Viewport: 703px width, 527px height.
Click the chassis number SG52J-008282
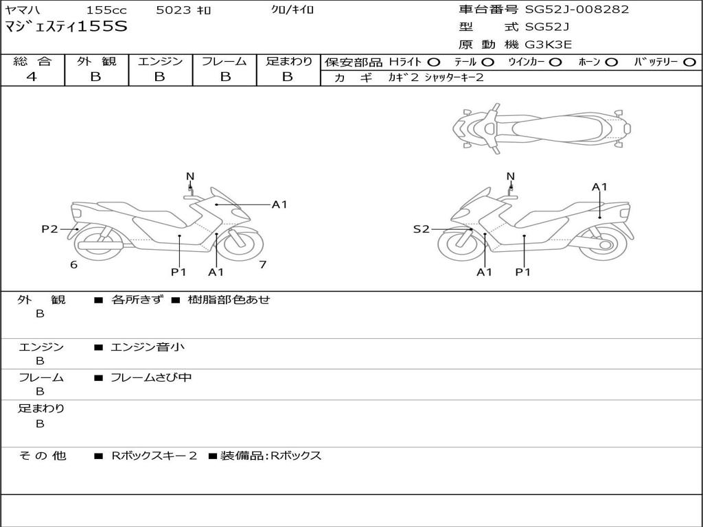click(577, 10)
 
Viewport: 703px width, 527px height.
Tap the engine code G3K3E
click(549, 45)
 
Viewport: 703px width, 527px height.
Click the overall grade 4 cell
click(32, 77)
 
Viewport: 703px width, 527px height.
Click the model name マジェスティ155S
click(66, 27)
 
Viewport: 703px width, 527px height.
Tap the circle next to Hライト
click(434, 62)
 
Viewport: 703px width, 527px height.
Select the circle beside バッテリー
click(689, 62)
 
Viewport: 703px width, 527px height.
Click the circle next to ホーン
click(612, 62)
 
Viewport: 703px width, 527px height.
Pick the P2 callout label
click(49, 229)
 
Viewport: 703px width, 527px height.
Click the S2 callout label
click(421, 229)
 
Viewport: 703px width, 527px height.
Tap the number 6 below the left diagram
click(73, 264)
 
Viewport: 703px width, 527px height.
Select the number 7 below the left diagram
click(262, 264)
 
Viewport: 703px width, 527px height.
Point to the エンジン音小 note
click(148, 347)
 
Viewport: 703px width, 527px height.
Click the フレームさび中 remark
click(151, 377)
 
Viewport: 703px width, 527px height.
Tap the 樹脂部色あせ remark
click(229, 300)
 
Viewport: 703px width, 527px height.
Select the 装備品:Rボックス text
click(270, 456)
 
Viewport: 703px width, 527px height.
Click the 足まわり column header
click(288, 61)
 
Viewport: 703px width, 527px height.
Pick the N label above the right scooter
click(510, 176)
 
